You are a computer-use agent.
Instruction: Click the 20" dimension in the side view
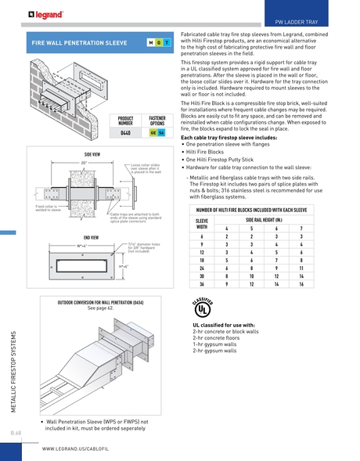pyautogui.click(x=83, y=163)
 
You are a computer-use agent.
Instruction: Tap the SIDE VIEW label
pyautogui.click(x=92, y=155)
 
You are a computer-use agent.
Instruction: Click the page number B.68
pyautogui.click(x=16, y=433)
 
